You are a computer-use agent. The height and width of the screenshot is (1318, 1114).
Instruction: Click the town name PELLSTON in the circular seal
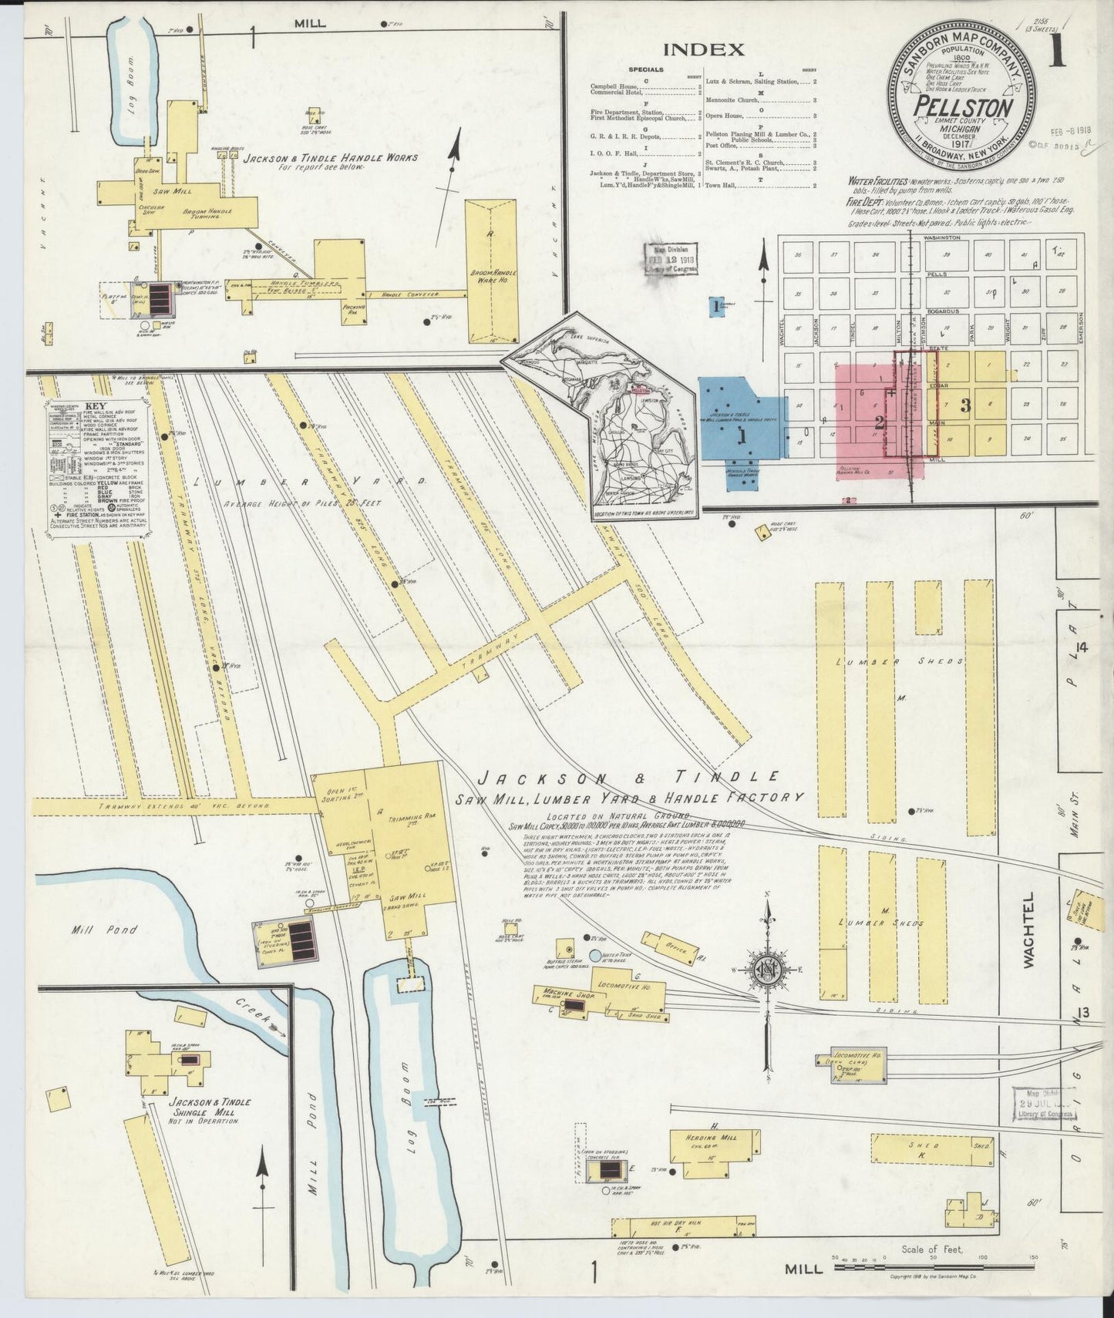tap(964, 109)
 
